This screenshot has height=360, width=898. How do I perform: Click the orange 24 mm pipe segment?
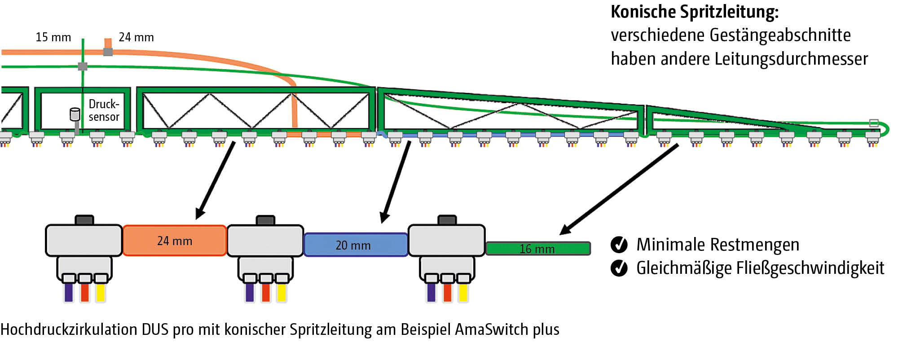[174, 241]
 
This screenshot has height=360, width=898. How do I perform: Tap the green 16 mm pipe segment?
[537, 248]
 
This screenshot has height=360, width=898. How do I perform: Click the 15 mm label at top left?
[53, 37]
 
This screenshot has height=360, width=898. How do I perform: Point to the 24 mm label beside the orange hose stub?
[136, 37]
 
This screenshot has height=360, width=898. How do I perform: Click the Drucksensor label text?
[104, 110]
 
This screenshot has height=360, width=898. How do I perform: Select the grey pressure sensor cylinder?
[75, 114]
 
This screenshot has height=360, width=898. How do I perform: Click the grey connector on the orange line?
[108, 52]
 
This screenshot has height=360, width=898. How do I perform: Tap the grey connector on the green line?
[83, 66]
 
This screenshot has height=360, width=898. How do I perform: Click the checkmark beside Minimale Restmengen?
[619, 245]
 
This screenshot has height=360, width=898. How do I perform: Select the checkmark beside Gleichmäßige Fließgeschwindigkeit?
[619, 268]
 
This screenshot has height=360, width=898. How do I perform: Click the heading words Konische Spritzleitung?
[694, 12]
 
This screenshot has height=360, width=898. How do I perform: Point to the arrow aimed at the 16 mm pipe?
[620, 189]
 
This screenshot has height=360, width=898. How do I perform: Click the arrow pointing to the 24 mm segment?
[216, 180]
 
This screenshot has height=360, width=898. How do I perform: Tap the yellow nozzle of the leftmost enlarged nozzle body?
[100, 292]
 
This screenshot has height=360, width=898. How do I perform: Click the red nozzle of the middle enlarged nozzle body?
[265, 292]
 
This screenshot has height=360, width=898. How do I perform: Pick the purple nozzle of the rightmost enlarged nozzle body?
[431, 292]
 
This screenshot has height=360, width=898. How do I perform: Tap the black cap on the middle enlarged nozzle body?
[265, 220]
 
